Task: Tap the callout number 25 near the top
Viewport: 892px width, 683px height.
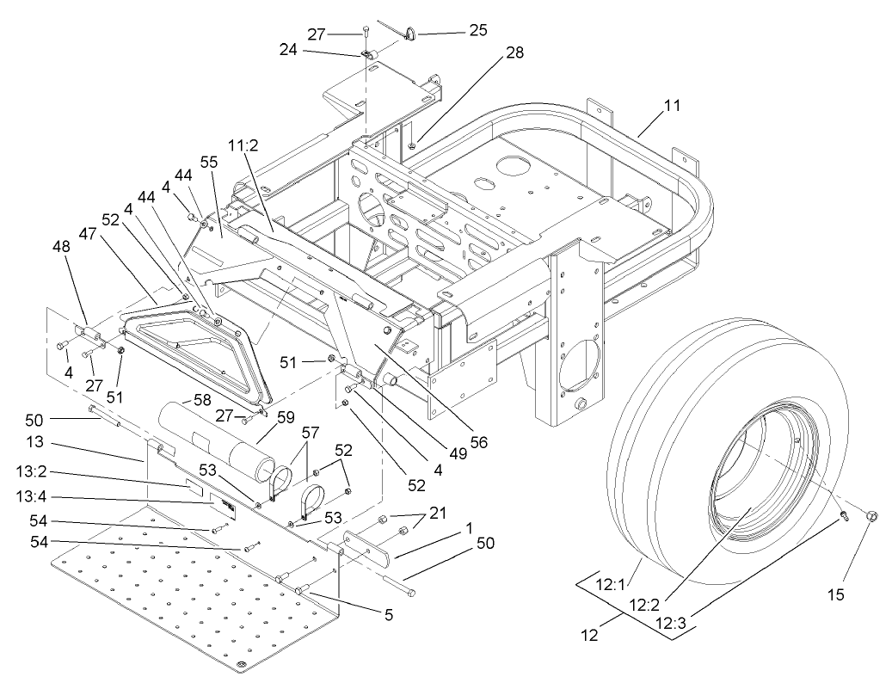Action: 477,30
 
